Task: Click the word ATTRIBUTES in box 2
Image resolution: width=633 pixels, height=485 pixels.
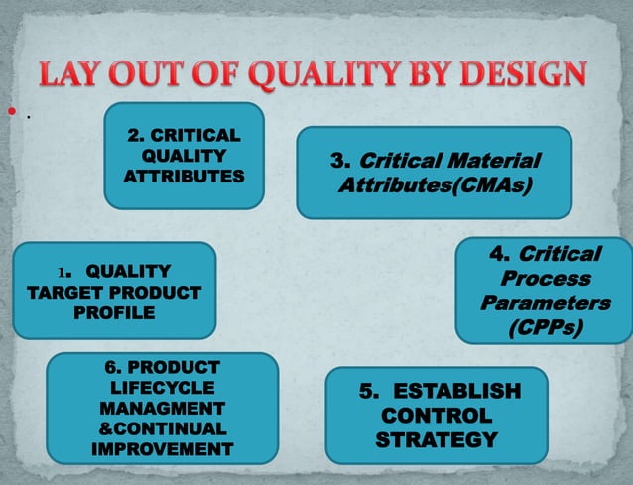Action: coord(184,176)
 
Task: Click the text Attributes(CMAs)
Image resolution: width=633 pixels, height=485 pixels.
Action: coord(434,185)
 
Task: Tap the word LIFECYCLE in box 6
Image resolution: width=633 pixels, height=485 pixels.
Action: coord(163,388)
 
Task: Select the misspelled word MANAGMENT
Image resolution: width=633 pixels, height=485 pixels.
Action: coord(163,409)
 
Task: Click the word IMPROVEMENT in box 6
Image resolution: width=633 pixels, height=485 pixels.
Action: coord(163,449)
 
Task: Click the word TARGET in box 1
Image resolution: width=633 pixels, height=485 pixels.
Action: coord(56,293)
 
